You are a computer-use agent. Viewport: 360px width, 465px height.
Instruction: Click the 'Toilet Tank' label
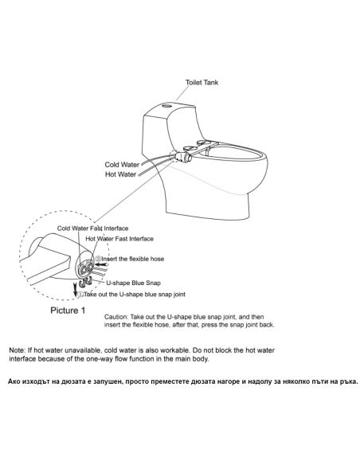(x=202, y=83)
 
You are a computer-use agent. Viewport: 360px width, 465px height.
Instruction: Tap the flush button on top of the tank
(x=167, y=105)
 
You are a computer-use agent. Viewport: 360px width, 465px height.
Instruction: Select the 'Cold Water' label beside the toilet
(x=122, y=165)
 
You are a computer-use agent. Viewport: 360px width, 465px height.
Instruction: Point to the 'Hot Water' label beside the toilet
(x=121, y=174)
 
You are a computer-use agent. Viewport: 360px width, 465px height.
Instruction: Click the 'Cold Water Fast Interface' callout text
(x=93, y=229)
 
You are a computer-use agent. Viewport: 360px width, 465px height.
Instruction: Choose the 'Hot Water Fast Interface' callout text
(x=119, y=239)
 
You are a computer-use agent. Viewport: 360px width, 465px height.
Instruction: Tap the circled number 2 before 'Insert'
(x=98, y=259)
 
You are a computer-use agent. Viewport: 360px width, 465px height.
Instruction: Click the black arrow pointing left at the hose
(x=100, y=264)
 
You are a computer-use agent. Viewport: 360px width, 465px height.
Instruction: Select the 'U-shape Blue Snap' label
(x=134, y=283)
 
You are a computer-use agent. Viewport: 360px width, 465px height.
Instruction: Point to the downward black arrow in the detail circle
(x=76, y=290)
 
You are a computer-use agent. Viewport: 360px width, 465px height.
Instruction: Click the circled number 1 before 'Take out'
(x=80, y=295)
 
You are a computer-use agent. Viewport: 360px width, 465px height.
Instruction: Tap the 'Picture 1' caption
(x=68, y=311)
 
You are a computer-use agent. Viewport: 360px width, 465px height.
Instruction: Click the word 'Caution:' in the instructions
(x=116, y=317)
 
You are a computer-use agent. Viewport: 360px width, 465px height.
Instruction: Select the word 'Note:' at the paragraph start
(x=18, y=350)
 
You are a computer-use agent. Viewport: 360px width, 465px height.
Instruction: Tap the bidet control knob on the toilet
(x=184, y=156)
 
